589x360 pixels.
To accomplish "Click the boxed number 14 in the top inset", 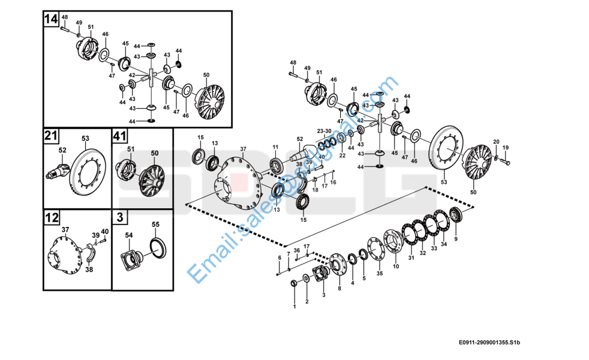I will tap(51, 19).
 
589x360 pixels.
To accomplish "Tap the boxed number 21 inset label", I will tap(51, 136).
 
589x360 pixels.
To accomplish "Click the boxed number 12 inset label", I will tap(51, 217).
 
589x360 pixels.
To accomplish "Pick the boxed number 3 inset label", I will tap(120, 217).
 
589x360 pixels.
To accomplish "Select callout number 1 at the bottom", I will tap(294, 307).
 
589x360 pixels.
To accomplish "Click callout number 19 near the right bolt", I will tap(506, 148).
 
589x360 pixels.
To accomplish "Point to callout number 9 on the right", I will tap(456, 239).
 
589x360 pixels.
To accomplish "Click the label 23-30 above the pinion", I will tap(324, 130).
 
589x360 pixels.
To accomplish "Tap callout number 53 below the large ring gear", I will tap(444, 181).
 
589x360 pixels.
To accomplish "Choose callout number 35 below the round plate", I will tap(379, 274).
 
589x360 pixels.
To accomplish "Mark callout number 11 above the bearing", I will tap(275, 147).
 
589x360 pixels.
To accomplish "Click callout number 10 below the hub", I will tap(395, 266).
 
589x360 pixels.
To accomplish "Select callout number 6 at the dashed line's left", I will tap(279, 257).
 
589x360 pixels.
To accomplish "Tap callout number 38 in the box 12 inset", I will tap(89, 269).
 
